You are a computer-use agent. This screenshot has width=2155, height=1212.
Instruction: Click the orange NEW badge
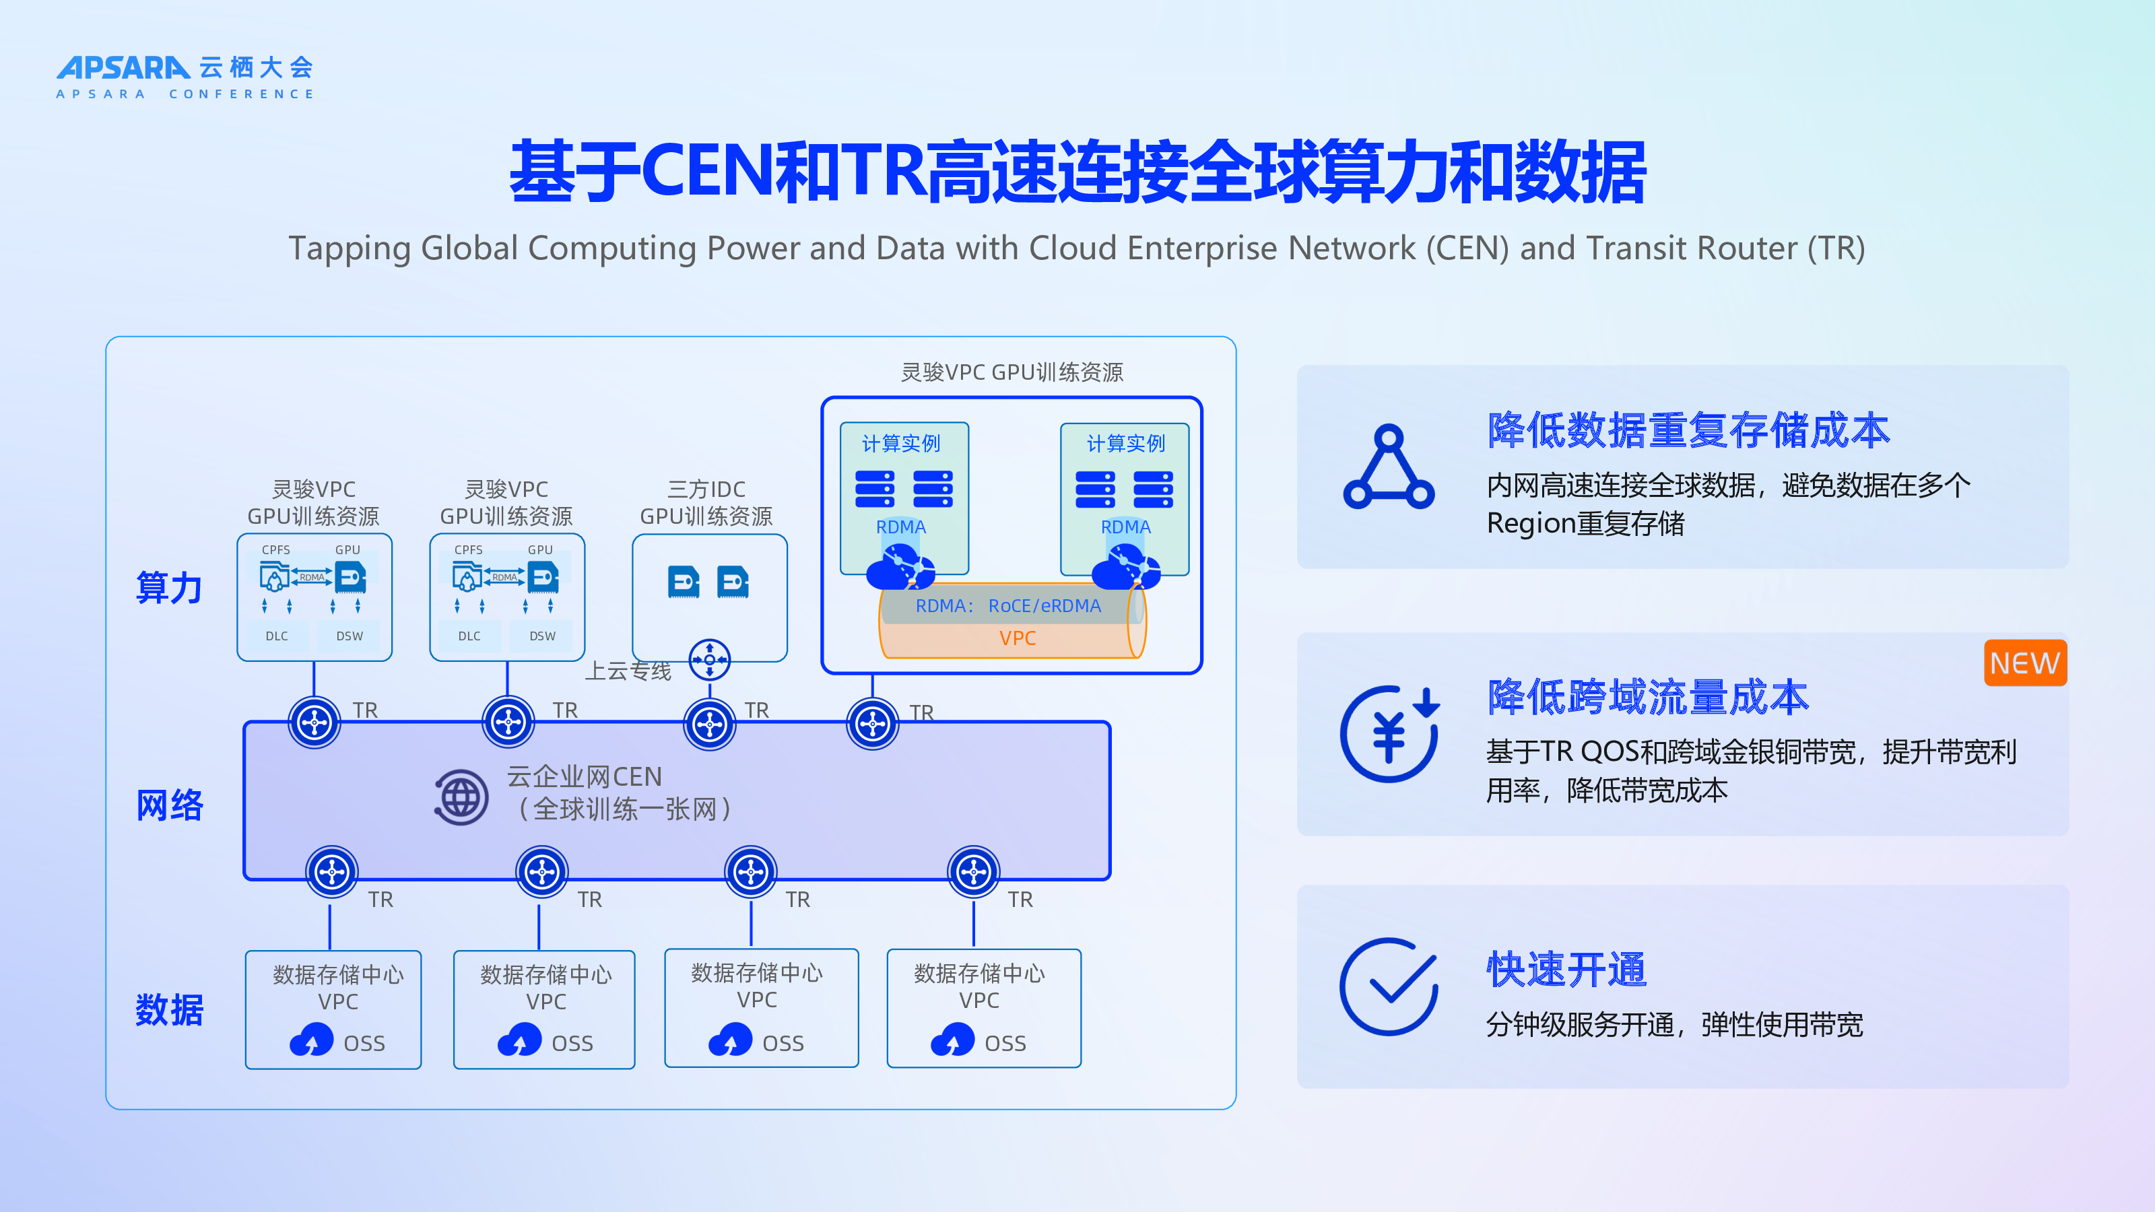click(2024, 663)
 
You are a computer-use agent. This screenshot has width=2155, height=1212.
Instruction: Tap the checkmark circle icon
click(1389, 987)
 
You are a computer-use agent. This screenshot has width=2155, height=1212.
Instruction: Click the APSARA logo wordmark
click(123, 68)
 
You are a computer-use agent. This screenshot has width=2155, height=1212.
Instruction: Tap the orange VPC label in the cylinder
click(1018, 638)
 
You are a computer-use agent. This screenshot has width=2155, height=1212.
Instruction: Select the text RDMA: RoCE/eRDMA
click(1008, 605)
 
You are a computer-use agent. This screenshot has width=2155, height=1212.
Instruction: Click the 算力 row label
click(169, 587)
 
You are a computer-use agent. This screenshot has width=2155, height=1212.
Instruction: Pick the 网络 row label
click(169, 805)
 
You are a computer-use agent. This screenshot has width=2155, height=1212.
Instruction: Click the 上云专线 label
click(628, 671)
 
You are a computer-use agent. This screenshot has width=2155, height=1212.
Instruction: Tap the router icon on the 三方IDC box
click(709, 660)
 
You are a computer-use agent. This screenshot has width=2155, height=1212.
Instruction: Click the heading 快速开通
click(1566, 970)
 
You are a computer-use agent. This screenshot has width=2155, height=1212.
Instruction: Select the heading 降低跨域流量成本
click(1648, 697)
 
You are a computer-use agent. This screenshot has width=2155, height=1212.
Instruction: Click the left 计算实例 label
click(901, 443)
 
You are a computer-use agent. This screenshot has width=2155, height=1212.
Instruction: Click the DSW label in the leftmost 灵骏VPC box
click(350, 636)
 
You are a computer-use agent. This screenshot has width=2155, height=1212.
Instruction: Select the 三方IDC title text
click(706, 490)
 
